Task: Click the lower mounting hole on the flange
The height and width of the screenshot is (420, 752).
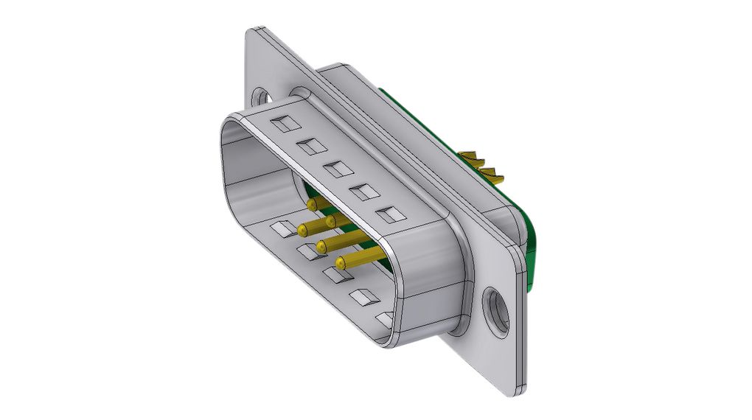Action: click(x=495, y=309)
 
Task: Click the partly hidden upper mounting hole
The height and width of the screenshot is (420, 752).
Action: click(x=260, y=97)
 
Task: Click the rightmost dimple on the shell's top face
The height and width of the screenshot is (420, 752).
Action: click(x=389, y=216)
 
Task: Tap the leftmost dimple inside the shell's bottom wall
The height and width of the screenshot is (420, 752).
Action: click(x=283, y=229)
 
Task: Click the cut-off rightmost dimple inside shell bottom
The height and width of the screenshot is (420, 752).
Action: click(x=385, y=318)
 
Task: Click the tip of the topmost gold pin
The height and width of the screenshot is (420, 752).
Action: click(x=313, y=203)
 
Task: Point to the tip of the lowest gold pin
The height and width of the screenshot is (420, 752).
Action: click(x=341, y=262)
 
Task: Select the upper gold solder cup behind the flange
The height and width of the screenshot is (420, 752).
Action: click(x=472, y=158)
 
